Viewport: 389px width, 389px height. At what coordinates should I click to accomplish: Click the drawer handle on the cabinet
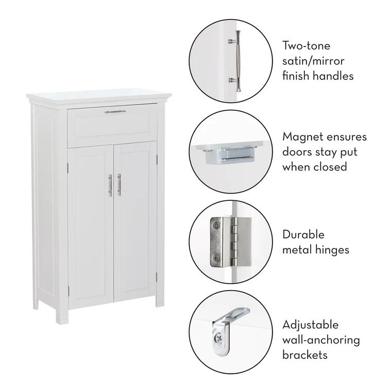115,112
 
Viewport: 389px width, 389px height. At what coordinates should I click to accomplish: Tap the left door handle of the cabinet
110,185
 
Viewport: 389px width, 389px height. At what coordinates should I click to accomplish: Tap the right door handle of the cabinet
120,184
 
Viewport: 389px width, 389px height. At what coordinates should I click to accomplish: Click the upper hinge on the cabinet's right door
157,160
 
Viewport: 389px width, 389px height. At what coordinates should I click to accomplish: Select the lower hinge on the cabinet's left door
68,291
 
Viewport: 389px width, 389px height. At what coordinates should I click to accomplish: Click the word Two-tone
307,46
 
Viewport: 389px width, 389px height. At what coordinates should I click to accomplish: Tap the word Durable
303,234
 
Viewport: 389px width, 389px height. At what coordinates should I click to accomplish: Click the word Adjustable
310,325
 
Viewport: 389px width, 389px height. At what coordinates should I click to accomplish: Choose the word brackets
305,355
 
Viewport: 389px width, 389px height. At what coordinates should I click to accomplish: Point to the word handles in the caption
333,76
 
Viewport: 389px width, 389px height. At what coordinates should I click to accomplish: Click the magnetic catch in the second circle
230,155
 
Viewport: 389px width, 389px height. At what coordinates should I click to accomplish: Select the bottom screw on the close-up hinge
216,258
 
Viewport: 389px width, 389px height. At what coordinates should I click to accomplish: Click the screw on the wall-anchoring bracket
218,338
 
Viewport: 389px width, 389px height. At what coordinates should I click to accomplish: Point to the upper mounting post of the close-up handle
232,41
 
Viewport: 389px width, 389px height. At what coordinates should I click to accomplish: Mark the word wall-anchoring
321,341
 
